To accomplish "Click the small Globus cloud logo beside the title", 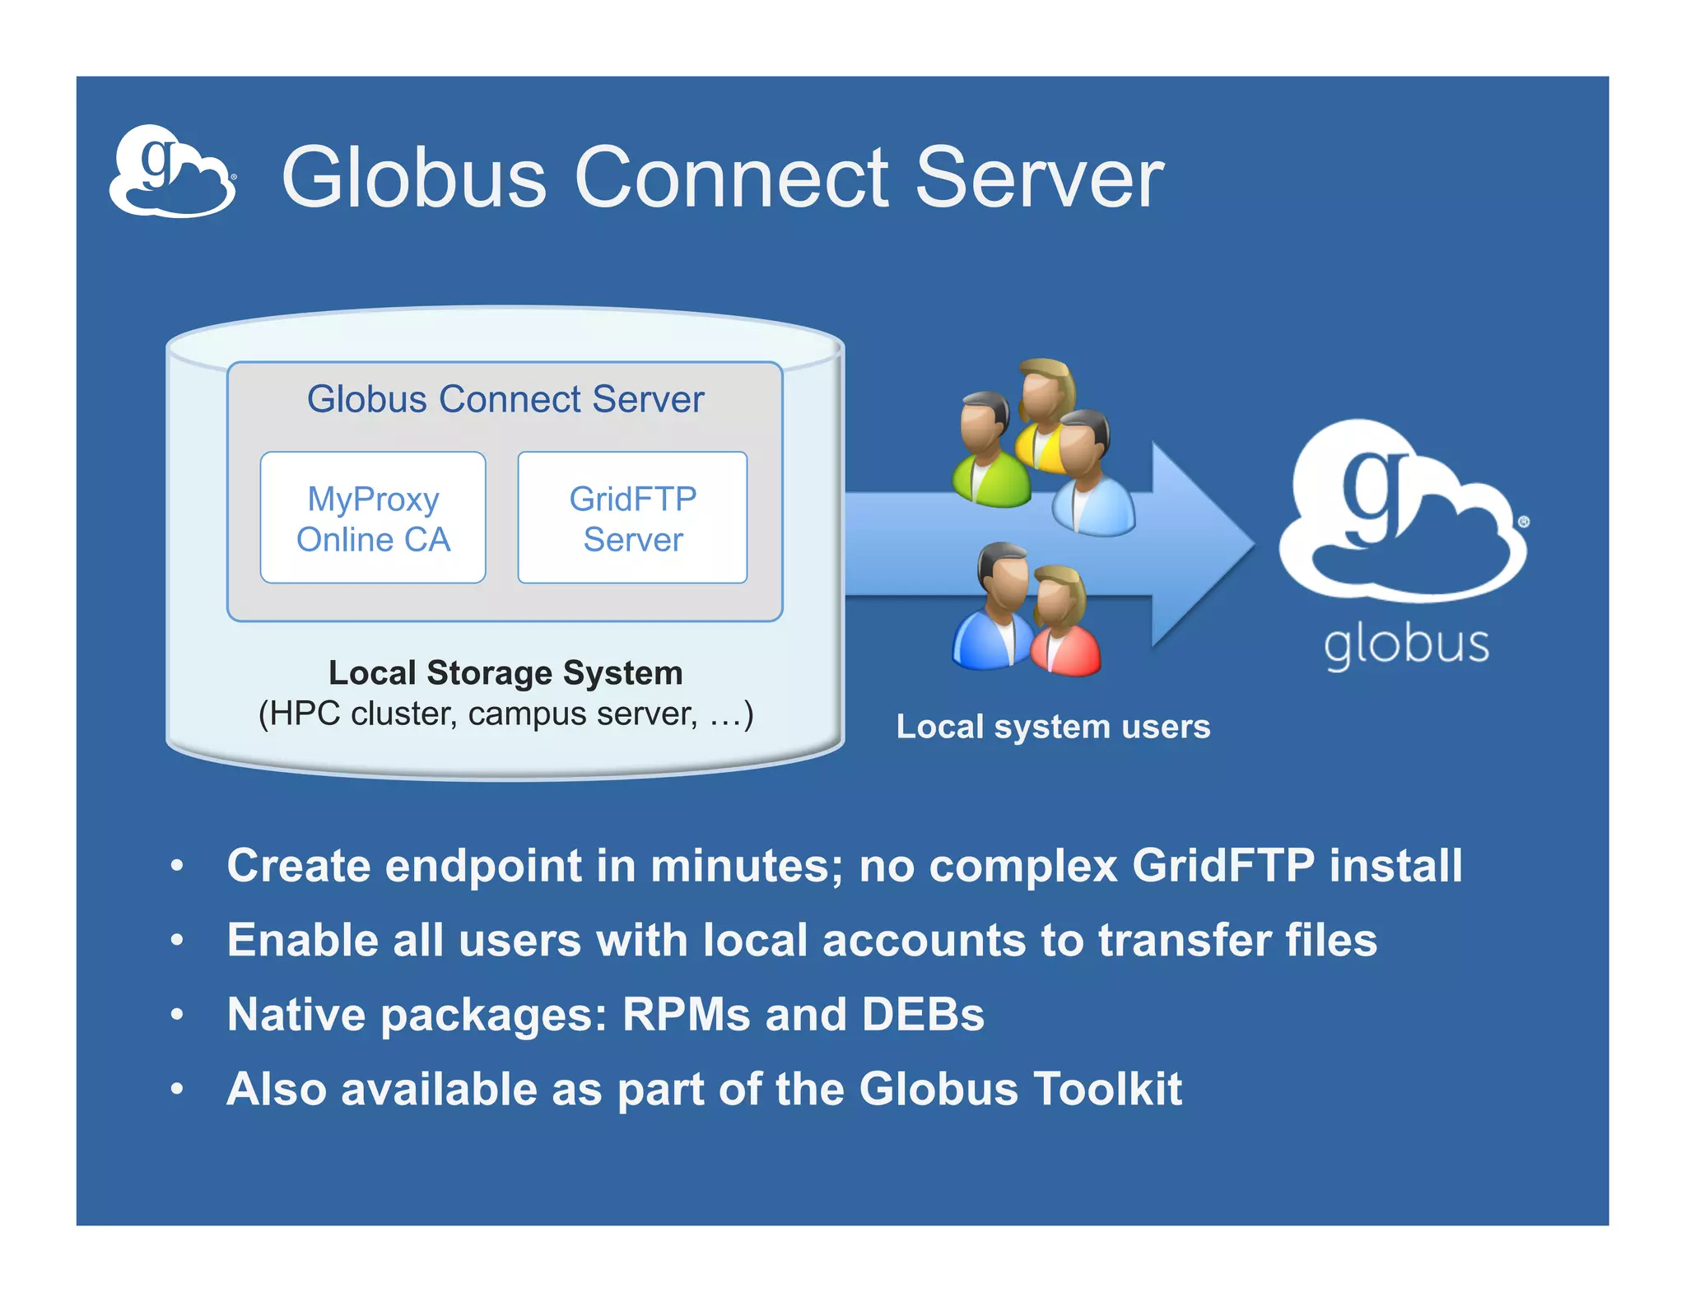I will tap(172, 172).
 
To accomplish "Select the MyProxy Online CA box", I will tap(373, 518).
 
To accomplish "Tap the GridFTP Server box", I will tap(632, 518).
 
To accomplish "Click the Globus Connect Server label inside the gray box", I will tap(505, 400).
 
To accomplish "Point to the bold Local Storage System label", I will tap(505, 673).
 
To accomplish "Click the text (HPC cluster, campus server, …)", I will tap(505, 714).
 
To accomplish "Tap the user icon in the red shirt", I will tap(1064, 625).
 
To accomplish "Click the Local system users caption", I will tap(1053, 727).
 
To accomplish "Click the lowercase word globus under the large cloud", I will tap(1406, 645).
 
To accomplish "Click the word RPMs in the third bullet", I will tap(686, 1015).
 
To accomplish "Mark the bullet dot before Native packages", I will tap(177, 1015).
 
